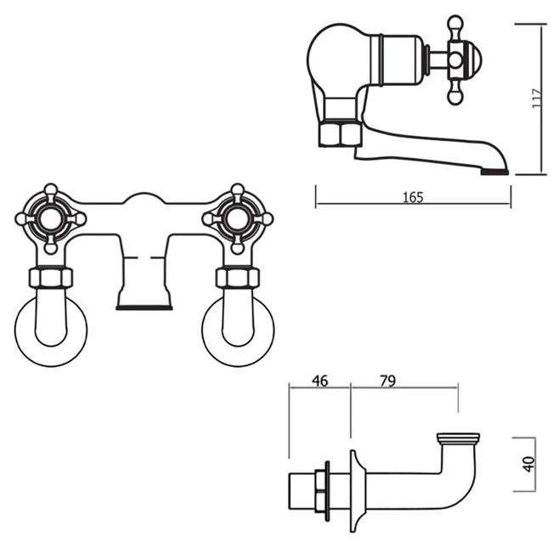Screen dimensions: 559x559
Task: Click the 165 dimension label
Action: pos(412,197)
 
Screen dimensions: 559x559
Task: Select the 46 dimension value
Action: pos(319,381)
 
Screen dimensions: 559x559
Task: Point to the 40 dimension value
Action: pos(528,465)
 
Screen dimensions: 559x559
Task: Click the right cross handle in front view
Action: pos(238,218)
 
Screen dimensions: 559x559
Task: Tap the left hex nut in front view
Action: pos(52,277)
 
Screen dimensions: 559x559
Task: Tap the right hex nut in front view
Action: pos(237,277)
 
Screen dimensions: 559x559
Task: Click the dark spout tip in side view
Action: pos(496,171)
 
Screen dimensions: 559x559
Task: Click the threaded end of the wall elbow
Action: pos(457,439)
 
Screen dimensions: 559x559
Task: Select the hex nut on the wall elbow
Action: pos(320,490)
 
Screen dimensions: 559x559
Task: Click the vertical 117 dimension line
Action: pos(542,99)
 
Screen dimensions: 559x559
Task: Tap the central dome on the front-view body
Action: pos(144,200)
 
